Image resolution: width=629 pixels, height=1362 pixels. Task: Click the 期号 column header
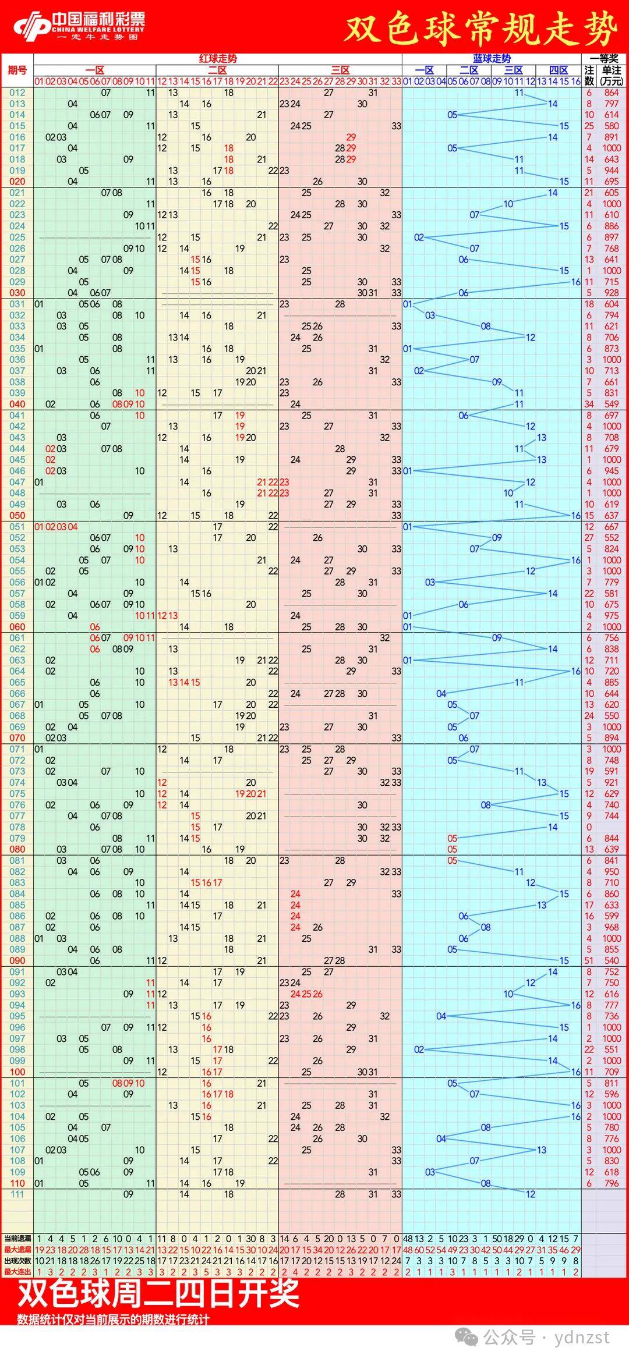(17, 70)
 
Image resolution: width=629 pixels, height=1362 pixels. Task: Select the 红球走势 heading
(218, 59)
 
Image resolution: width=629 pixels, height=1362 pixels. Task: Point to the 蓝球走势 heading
(492, 59)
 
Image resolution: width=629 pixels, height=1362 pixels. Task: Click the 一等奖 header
(604, 59)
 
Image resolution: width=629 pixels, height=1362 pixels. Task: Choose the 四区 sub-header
(559, 70)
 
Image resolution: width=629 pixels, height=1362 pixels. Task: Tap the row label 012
(17, 93)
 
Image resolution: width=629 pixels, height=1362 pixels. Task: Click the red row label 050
(17, 515)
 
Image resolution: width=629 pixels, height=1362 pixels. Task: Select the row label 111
(17, 1194)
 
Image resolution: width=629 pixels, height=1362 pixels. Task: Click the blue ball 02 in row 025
(419, 237)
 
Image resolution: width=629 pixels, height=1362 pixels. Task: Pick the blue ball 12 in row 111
(530, 1194)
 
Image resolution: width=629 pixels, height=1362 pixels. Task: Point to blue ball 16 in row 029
(575, 282)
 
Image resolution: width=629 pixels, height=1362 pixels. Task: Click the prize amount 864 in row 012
(612, 93)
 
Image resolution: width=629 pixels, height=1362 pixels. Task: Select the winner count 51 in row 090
(589, 960)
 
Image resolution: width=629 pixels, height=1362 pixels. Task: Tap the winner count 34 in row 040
(589, 404)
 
